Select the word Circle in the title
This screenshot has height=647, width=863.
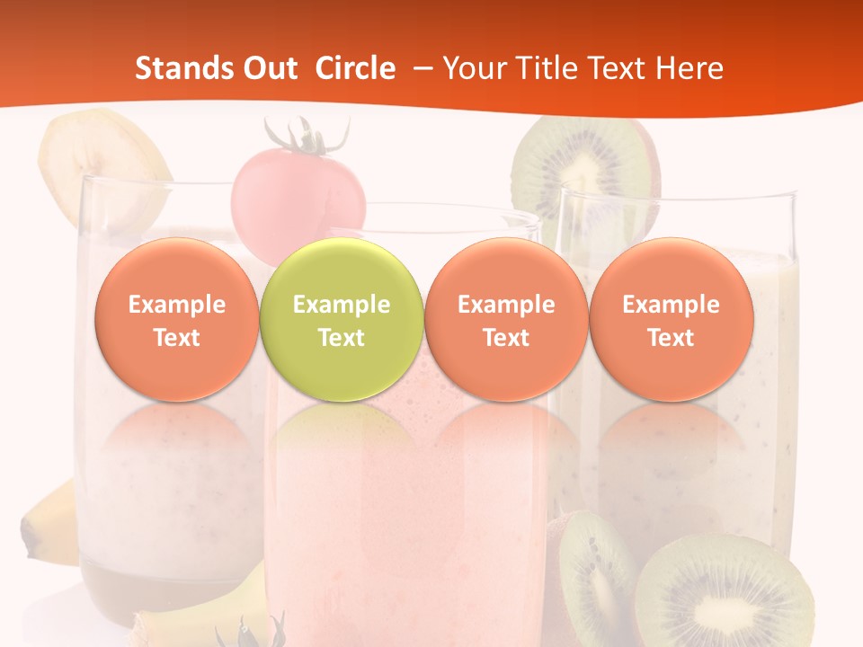355,68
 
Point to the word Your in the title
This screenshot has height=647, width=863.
476,68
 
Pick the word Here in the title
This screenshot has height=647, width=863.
690,68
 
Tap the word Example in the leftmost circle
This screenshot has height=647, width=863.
176,305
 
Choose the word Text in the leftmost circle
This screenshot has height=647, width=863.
176,338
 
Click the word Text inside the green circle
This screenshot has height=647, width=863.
342,338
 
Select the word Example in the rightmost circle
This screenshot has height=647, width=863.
671,305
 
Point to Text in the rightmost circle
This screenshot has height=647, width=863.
671,338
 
